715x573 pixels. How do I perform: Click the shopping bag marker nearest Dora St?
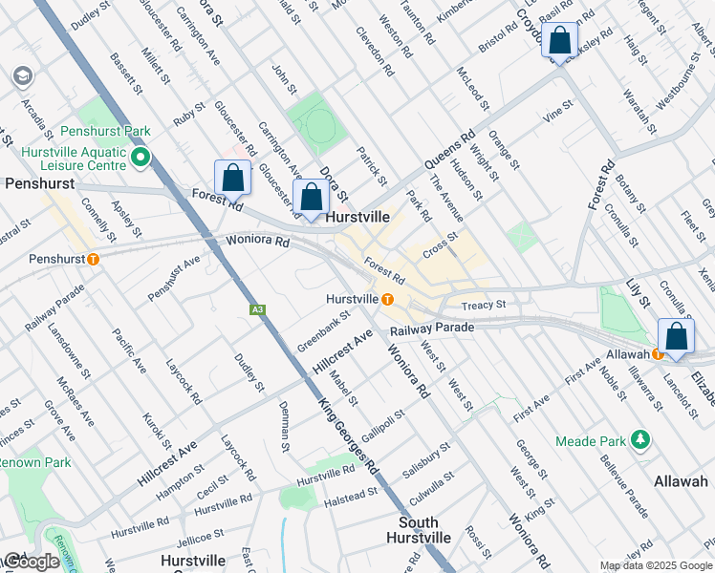coord(311,197)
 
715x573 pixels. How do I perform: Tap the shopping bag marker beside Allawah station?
coord(676,337)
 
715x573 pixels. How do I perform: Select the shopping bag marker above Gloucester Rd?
coord(232,177)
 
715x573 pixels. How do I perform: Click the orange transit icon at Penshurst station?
coord(93,259)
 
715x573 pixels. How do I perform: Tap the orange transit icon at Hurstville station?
coord(387,299)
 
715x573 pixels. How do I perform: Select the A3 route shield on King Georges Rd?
coord(257,309)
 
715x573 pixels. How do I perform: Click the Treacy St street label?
coord(483,306)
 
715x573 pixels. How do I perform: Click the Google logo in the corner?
coord(32,562)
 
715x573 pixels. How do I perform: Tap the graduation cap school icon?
coord(21,76)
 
